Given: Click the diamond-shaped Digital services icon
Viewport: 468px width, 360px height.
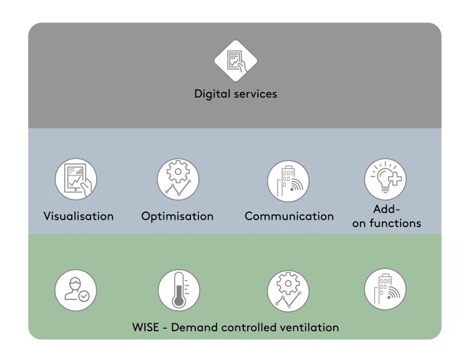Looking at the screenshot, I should coord(235,61).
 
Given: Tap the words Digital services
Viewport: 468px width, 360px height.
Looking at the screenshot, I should coord(235,94).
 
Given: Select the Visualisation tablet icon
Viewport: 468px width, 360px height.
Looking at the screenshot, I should coord(76,180).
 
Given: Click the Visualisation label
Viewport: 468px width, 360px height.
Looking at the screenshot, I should coord(79,216).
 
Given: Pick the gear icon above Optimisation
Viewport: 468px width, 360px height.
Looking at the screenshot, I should coord(178,180).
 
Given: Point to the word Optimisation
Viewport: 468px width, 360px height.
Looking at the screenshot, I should coord(177,216).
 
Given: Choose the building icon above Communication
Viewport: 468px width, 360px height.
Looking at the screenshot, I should coord(288,181).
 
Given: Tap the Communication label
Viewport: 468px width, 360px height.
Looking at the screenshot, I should coord(289,216).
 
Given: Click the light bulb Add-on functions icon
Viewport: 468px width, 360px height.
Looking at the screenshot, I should coord(386,180).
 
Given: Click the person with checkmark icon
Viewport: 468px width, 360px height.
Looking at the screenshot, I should coord(76,290).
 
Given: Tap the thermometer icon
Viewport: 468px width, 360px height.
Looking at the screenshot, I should coord(179,290).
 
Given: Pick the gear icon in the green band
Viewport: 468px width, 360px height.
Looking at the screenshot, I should coord(288,291).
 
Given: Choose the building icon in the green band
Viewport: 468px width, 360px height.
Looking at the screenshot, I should coord(386,289).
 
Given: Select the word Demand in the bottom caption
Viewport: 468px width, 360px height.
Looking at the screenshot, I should coord(191,327).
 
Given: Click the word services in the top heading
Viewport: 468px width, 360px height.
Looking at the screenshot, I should coord(254,94).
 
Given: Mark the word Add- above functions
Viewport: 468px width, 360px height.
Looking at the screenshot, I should coord(386,209).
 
